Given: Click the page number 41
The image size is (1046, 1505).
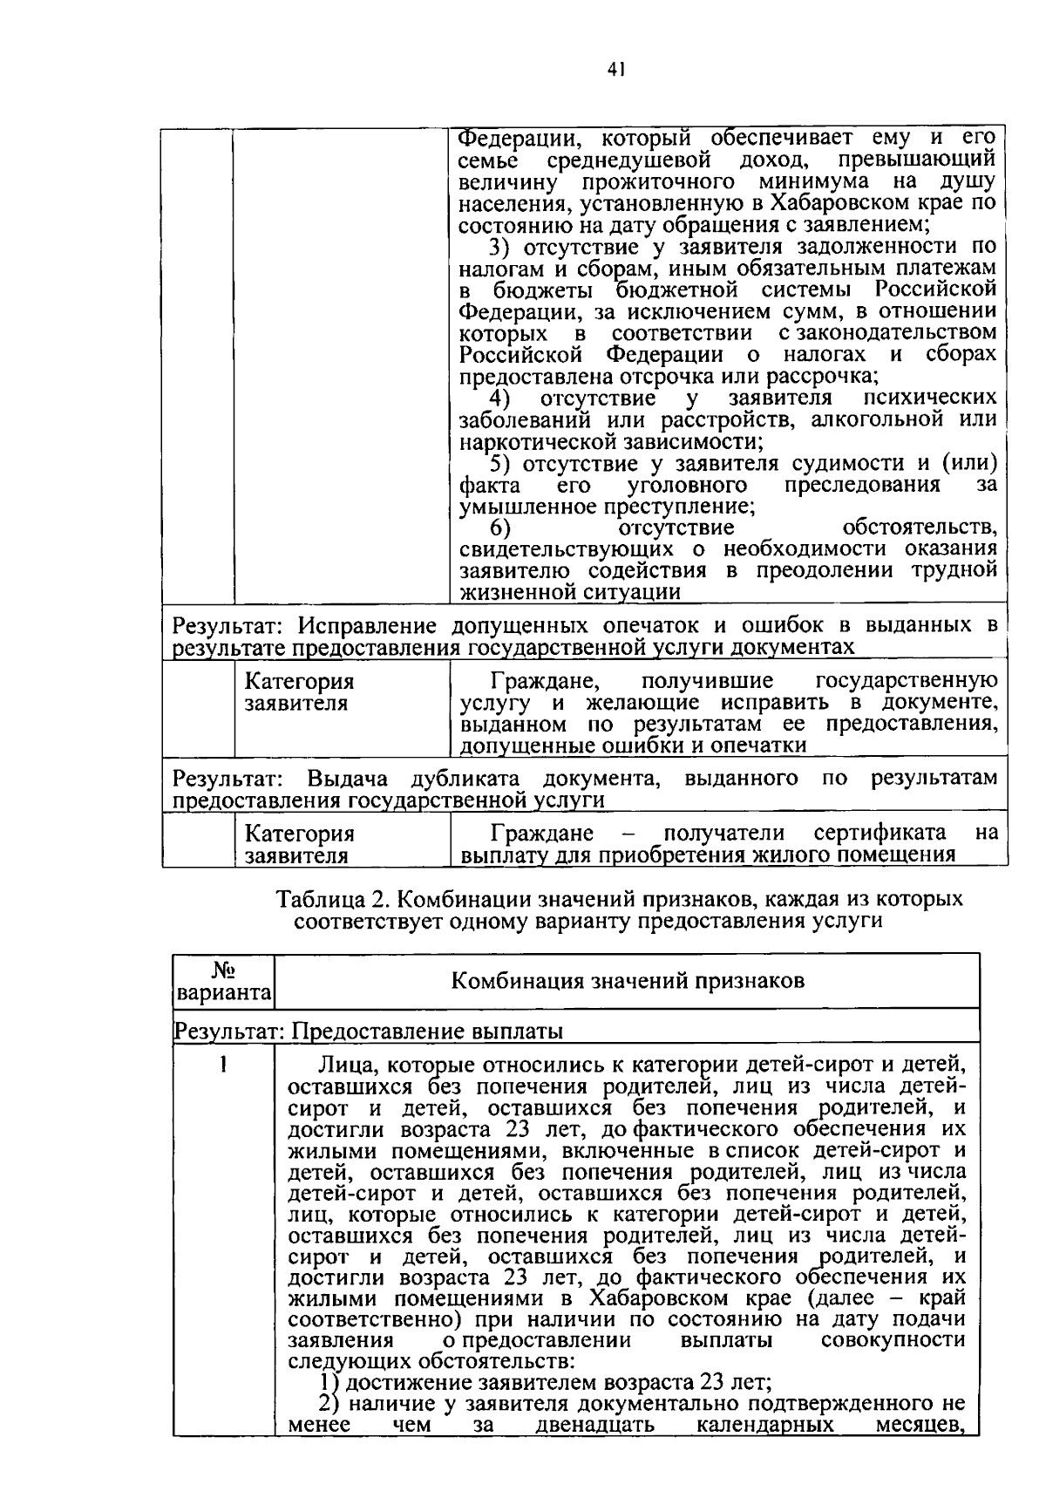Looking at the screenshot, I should coord(614,71).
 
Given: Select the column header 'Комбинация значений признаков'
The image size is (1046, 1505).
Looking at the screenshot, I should coord(627,981).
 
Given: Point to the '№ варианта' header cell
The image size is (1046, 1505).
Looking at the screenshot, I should coord(224,981).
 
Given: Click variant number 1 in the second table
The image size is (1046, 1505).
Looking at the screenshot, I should coord(224,1065).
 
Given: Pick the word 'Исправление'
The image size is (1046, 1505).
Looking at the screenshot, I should coord(367,626).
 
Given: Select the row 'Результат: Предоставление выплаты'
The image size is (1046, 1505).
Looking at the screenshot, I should coord(369,1032).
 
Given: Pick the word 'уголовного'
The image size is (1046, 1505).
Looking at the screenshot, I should coord(687,485).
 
